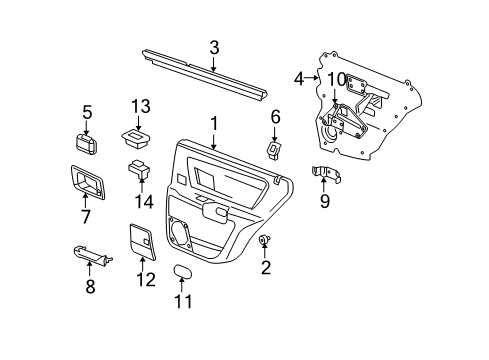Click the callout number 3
pyautogui.click(x=214, y=47)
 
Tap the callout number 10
pyautogui.click(x=336, y=80)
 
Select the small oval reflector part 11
pyautogui.click(x=181, y=272)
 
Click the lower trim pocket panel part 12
pyautogui.click(x=140, y=241)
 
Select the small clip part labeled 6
pyautogui.click(x=274, y=149)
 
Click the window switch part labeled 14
pyautogui.click(x=138, y=168)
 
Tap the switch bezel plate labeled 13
pyautogui.click(x=136, y=133)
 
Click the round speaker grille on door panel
pyautogui.click(x=187, y=232)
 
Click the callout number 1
pyautogui.click(x=213, y=123)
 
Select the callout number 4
pyautogui.click(x=299, y=78)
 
